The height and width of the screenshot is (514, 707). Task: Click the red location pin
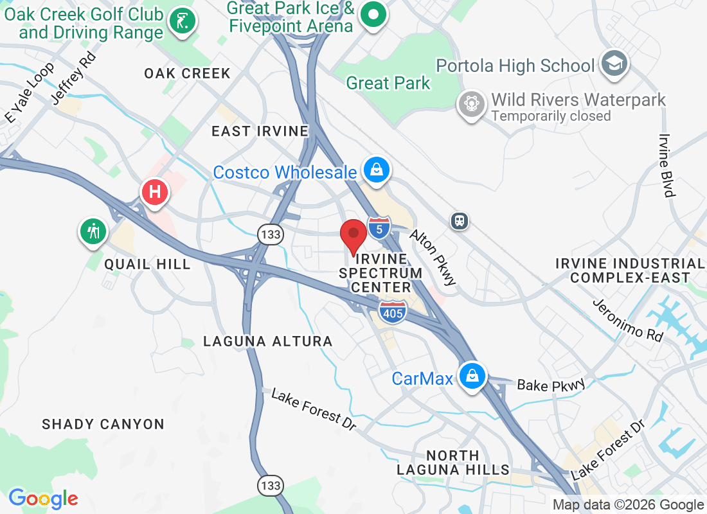[x=353, y=235]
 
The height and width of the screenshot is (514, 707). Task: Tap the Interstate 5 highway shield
[x=379, y=227]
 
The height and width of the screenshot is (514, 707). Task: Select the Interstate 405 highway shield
[x=392, y=312]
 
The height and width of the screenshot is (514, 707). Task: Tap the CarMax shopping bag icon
[x=472, y=376]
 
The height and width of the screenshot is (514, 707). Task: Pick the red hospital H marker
[x=154, y=191]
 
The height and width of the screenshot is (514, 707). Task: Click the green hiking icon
[x=94, y=231]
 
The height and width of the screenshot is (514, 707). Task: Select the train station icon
[x=459, y=221]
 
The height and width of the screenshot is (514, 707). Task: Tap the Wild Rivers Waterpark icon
[x=471, y=103]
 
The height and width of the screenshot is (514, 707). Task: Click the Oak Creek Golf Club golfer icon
[x=183, y=21]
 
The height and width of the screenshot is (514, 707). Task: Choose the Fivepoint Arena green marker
[x=371, y=14]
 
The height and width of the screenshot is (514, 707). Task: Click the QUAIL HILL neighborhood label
[x=147, y=264]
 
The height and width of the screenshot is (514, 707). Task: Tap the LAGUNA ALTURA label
[x=267, y=341]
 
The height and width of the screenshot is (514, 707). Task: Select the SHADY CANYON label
[x=103, y=424]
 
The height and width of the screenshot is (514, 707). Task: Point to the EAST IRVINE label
[x=260, y=131]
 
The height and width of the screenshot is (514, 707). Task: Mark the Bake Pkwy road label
[x=551, y=385]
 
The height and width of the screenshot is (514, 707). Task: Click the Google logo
[x=43, y=499]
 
